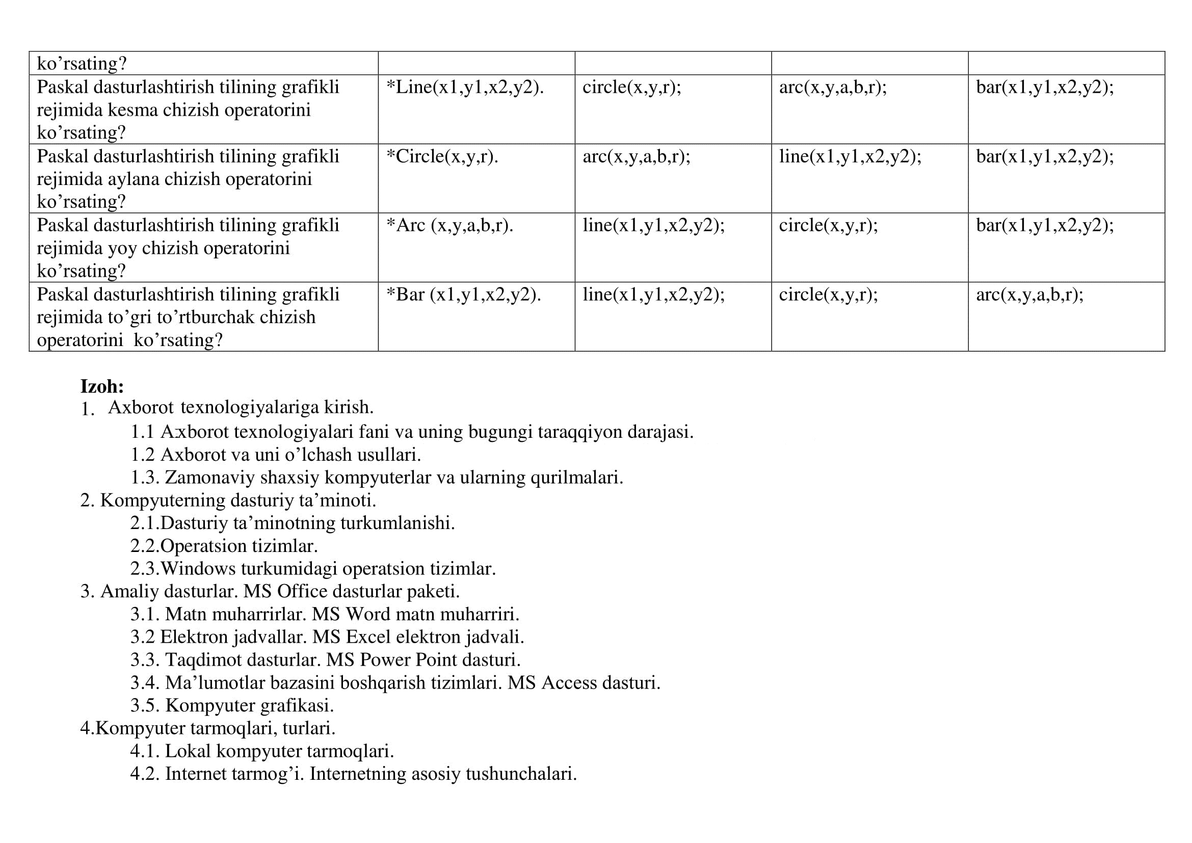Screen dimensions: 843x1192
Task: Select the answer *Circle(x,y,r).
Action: (442, 156)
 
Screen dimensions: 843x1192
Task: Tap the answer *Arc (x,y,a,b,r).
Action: (449, 225)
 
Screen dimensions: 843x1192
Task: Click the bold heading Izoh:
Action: (102, 386)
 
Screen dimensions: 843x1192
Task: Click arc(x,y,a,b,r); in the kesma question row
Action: (833, 87)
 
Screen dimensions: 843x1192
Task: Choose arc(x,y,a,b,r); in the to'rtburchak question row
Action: (1029, 295)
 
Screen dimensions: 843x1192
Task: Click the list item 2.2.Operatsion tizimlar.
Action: (224, 546)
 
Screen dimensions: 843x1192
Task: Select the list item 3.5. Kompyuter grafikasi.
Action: (232, 705)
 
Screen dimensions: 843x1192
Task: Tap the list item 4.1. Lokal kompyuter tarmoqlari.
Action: (262, 751)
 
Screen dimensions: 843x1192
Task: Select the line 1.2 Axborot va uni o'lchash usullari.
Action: (275, 455)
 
